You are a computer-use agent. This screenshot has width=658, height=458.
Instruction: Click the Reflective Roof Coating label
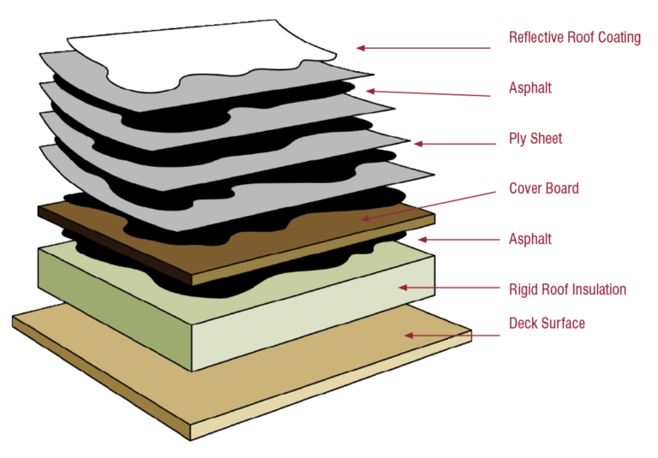(574, 38)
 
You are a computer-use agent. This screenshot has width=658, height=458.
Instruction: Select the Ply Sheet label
(535, 139)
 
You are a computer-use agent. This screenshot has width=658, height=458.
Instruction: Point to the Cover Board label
(543, 188)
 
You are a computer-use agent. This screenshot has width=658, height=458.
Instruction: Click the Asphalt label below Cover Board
(530, 239)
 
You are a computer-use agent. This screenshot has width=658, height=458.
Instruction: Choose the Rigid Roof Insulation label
(566, 289)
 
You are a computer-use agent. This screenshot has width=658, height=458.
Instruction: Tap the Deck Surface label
(547, 324)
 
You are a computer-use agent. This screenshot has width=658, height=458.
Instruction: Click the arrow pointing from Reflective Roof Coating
(424, 49)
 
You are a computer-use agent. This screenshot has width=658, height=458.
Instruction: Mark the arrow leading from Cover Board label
(428, 203)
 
